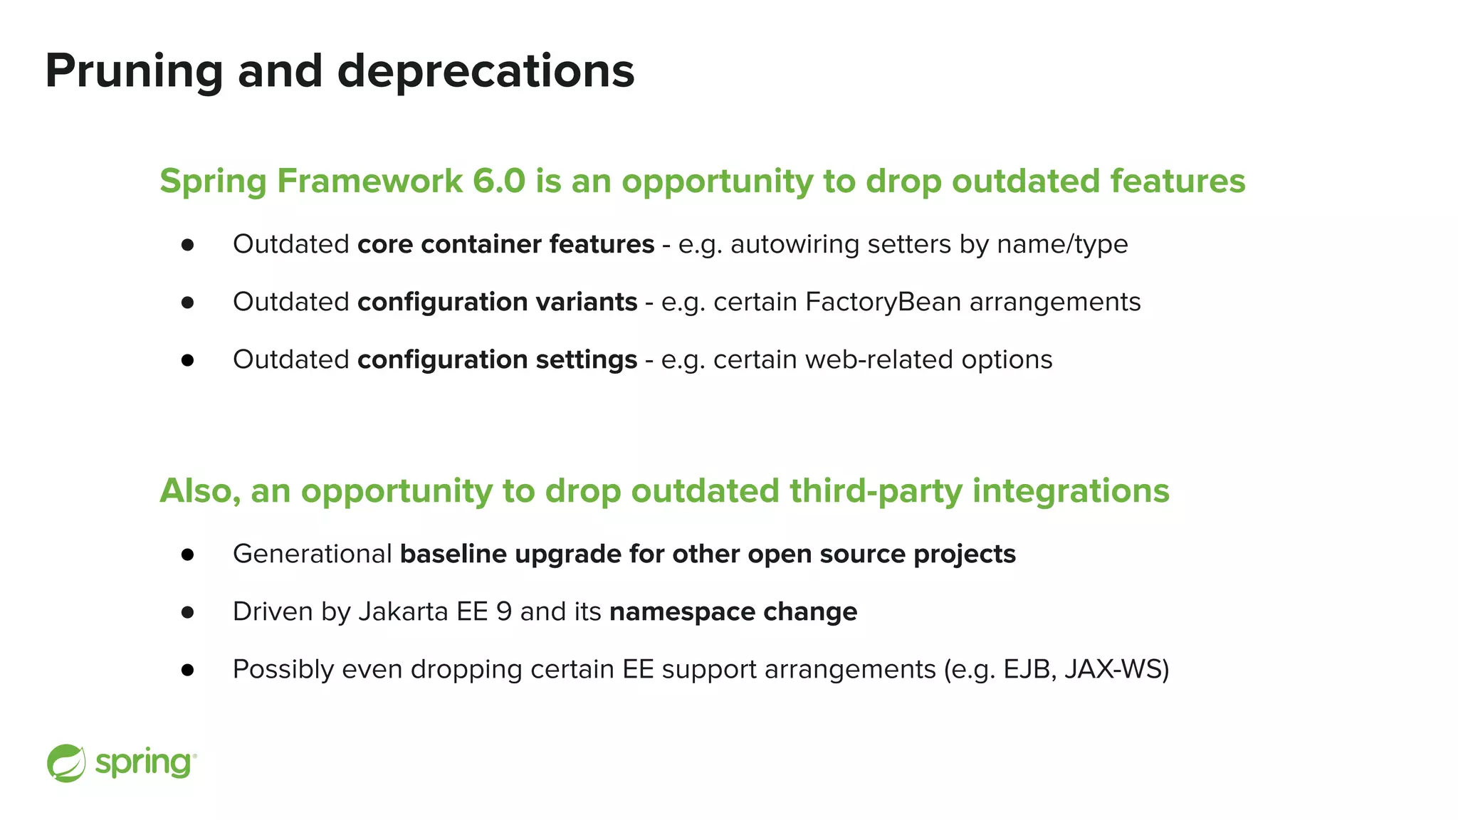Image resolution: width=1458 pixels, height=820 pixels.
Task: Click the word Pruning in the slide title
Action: [134, 71]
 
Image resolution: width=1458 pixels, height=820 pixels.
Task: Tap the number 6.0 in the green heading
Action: [499, 181]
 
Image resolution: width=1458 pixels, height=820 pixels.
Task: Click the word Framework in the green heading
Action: [369, 181]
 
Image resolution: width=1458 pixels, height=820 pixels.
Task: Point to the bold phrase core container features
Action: [505, 244]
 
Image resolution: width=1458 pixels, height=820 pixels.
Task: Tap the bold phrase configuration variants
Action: [497, 302]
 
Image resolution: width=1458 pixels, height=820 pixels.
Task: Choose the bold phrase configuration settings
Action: [497, 359]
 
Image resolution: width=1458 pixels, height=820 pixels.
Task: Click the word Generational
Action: [312, 554]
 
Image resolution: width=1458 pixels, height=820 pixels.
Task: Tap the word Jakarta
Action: [402, 611]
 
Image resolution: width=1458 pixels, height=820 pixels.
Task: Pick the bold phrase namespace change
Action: [733, 611]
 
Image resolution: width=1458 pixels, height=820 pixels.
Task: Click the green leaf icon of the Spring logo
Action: [66, 763]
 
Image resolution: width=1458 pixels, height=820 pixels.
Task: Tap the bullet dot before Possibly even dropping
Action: [188, 670]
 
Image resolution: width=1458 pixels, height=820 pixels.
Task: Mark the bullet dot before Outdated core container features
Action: [188, 245]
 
